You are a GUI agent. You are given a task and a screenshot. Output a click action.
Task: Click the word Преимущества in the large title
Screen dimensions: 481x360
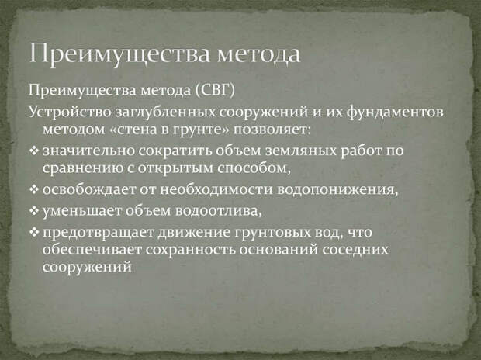pos(119,54)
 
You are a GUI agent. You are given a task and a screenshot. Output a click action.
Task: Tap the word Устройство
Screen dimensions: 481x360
pos(70,112)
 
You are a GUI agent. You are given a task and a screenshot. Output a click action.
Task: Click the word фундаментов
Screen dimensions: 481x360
pos(395,112)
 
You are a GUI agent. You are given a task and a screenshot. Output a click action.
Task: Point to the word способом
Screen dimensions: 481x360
pos(254,168)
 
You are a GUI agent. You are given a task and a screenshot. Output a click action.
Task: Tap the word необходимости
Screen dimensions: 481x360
pos(216,189)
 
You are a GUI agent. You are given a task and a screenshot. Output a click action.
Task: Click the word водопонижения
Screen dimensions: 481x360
pos(337,190)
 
